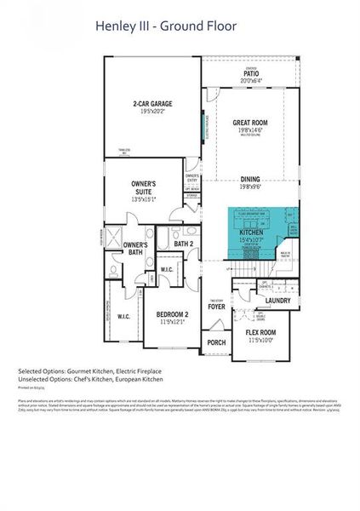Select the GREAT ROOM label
tap(250, 123)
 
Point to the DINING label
tap(250, 179)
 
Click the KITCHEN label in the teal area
tap(250, 232)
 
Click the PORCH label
tap(216, 344)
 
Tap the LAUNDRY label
tap(278, 301)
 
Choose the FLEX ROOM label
tap(260, 332)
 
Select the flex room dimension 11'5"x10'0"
tap(260, 340)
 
